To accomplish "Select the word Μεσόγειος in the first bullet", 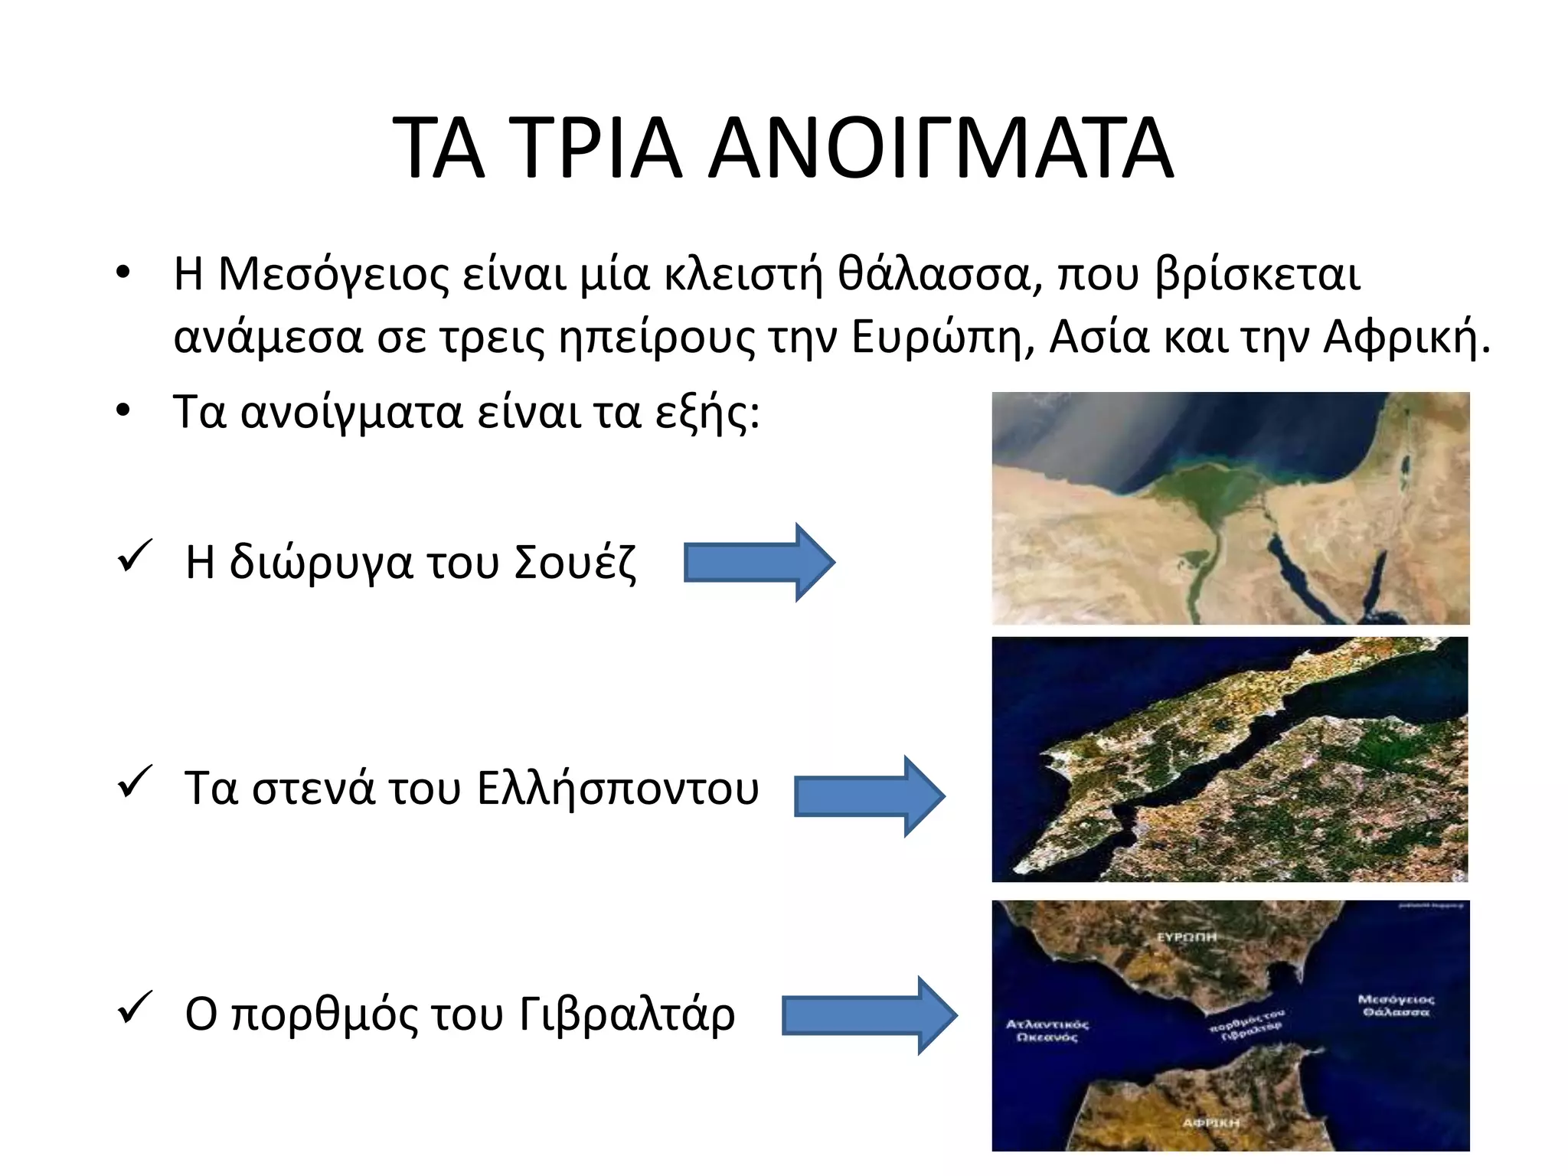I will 334,274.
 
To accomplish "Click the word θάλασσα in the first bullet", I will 934,274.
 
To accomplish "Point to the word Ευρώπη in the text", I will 942,337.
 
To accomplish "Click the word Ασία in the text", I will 1099,337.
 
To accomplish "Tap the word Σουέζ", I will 574,563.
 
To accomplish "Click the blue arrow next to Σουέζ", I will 758,563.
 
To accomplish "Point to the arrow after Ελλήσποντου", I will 869,796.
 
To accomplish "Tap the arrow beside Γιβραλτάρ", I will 869,1016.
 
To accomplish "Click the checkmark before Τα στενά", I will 135,782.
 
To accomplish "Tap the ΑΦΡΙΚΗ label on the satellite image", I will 1210,1122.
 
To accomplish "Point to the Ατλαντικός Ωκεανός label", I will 1047,1031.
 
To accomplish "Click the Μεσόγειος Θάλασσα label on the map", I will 1396,1005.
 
